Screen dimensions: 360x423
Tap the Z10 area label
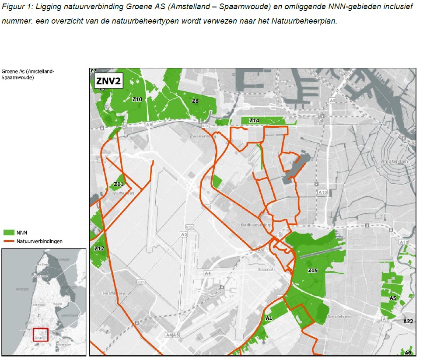click(x=137, y=100)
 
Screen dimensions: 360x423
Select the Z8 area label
click(x=195, y=101)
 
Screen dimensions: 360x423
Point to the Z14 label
click(x=254, y=120)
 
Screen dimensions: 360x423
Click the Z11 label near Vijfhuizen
click(x=119, y=184)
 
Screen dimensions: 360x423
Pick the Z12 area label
click(x=99, y=248)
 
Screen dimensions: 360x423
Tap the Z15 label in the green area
click(x=312, y=271)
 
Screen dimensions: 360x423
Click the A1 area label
click(x=269, y=318)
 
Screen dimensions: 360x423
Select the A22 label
click(x=408, y=322)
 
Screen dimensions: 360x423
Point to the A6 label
click(x=408, y=353)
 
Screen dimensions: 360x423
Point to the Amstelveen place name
click(x=340, y=316)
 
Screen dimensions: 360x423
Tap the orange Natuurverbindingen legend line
click(x=8, y=241)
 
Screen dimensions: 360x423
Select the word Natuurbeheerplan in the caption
click(x=309, y=21)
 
